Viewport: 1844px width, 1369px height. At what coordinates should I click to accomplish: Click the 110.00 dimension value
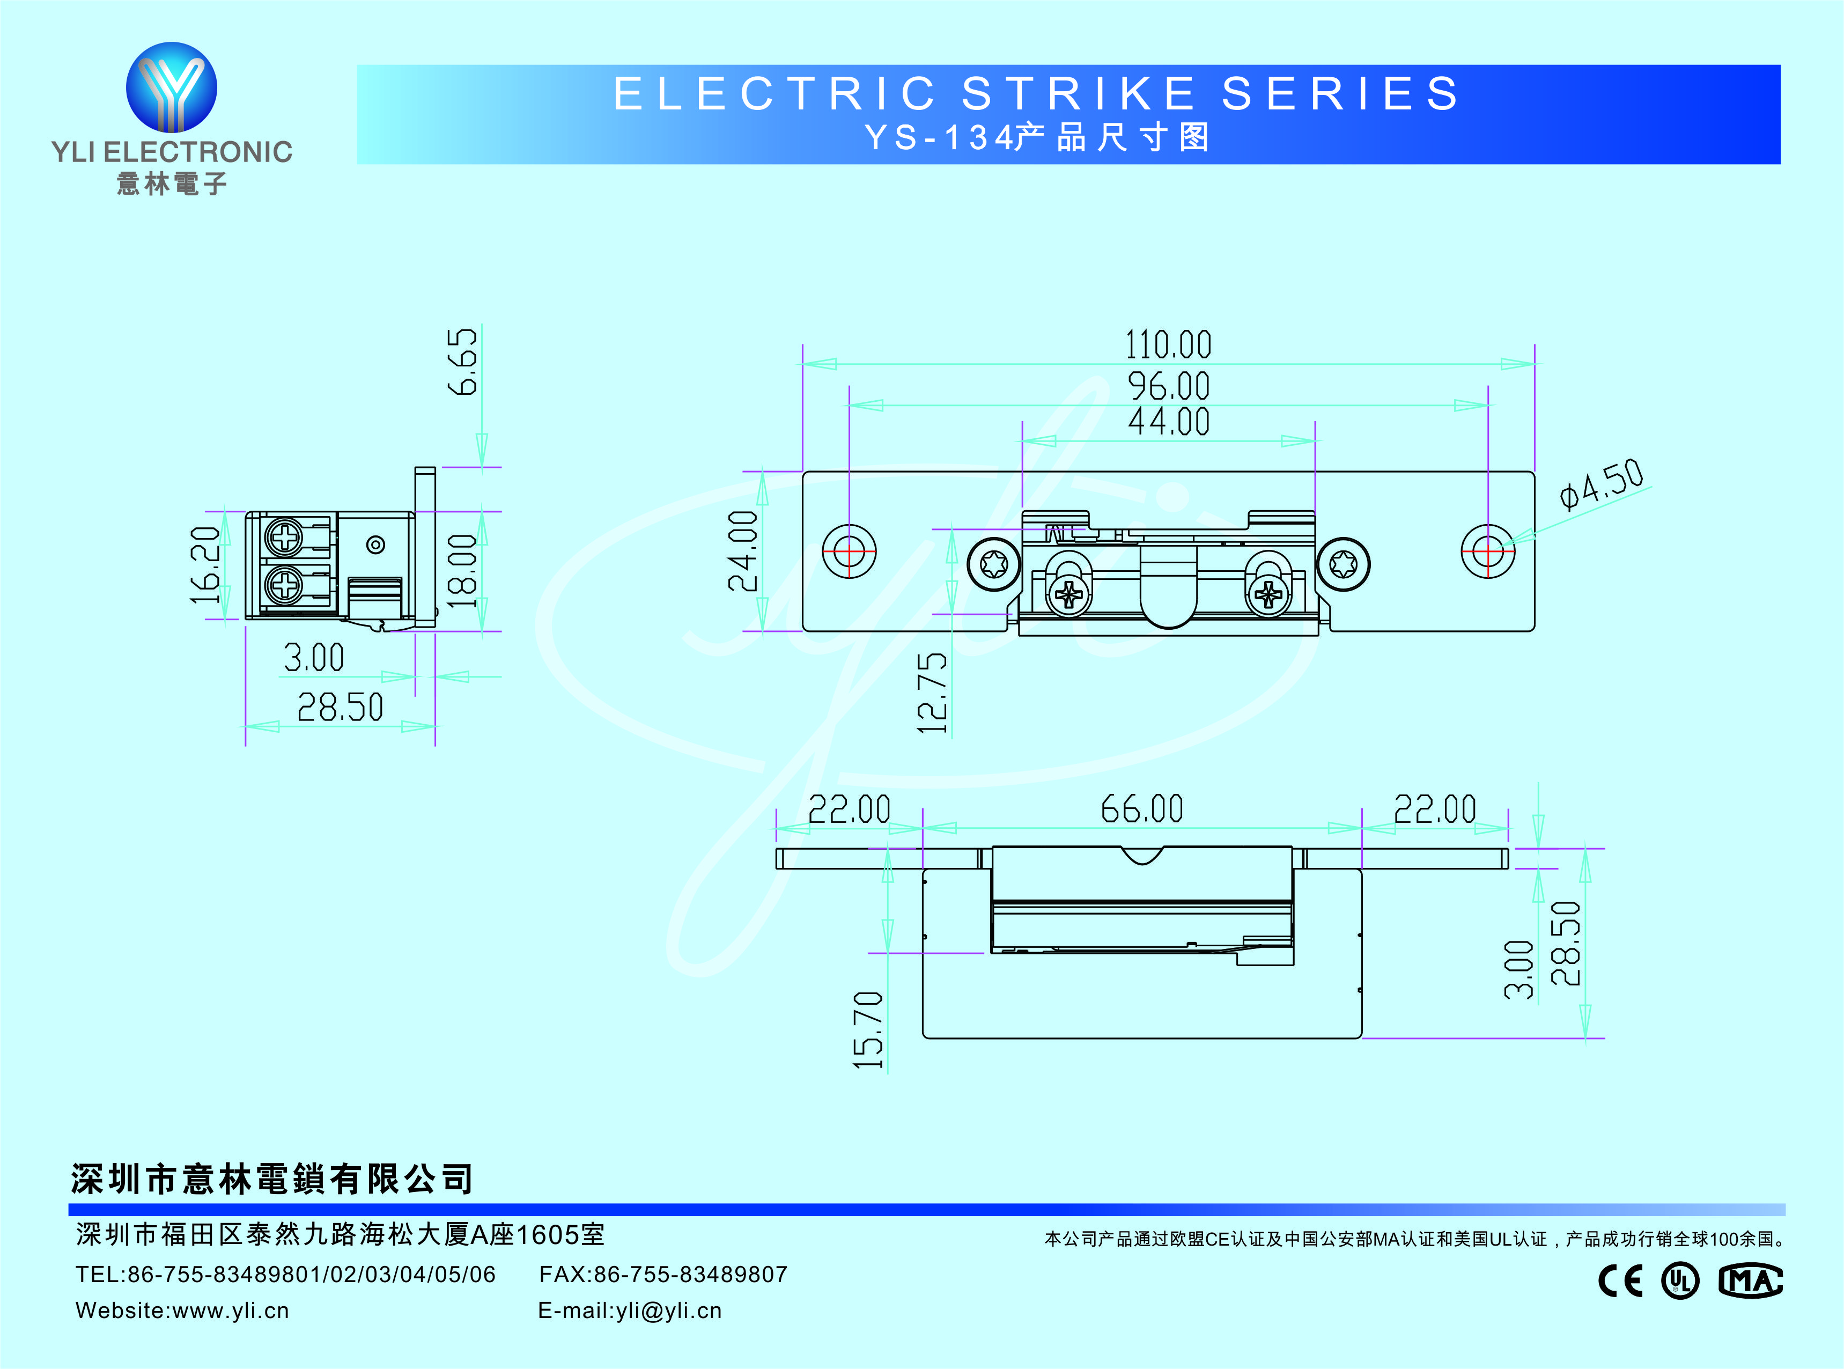[x=1168, y=345]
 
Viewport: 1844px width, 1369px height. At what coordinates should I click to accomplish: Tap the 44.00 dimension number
[x=1168, y=422]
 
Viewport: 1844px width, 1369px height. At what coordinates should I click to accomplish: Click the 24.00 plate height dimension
[x=743, y=551]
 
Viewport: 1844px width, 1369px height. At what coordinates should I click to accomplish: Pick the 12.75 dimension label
[x=933, y=693]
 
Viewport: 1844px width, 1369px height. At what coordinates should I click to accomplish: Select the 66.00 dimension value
[x=1141, y=809]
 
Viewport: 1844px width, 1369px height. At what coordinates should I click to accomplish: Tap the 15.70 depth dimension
[x=868, y=1029]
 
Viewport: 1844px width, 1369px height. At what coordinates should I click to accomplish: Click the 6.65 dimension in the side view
[x=462, y=362]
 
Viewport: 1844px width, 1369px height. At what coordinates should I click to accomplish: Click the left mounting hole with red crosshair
[x=849, y=551]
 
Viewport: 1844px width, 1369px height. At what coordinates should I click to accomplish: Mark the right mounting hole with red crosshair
[x=1488, y=551]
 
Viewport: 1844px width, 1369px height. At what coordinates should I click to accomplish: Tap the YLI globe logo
[x=172, y=87]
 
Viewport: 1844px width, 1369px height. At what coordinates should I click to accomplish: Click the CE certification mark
[x=1619, y=1281]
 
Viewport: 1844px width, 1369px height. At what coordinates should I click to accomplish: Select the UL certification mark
[x=1680, y=1281]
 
